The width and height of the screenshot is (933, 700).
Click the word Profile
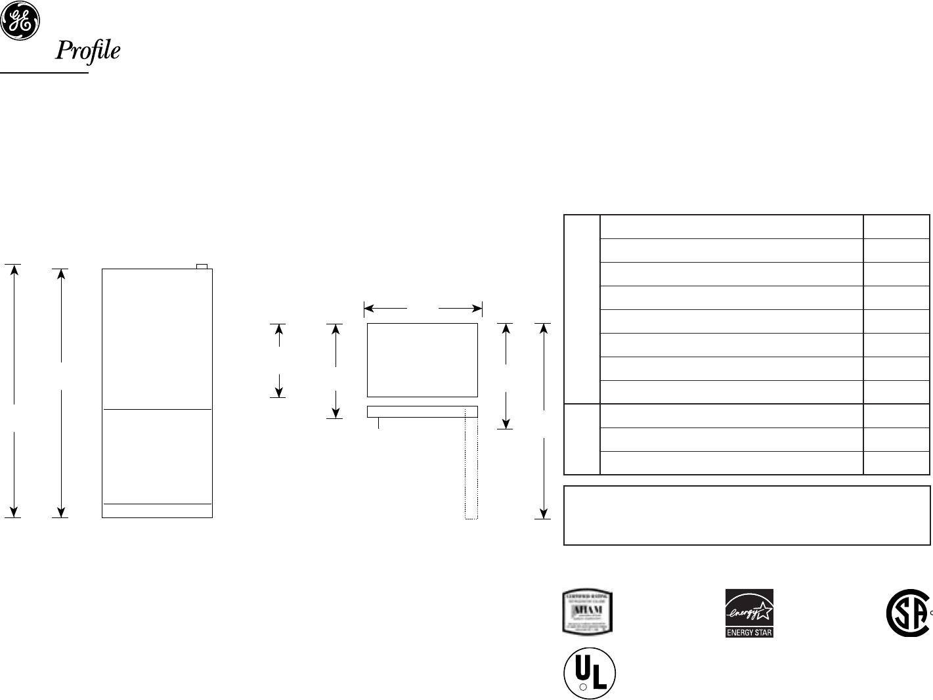[87, 51]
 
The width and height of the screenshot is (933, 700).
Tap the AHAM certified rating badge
[588, 612]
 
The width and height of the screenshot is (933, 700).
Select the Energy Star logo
[749, 613]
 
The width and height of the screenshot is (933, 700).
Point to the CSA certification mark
[907, 613]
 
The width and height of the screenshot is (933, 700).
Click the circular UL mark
[589, 674]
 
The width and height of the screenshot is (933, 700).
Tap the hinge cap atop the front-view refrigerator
[203, 266]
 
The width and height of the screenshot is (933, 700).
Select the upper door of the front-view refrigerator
[157, 338]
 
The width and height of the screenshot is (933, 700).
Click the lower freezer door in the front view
[157, 456]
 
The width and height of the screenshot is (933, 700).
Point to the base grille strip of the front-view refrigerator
[157, 510]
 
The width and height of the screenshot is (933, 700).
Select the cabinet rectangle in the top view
[422, 360]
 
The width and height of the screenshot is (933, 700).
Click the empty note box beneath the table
[747, 515]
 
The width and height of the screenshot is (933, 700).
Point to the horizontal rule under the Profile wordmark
[44, 73]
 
